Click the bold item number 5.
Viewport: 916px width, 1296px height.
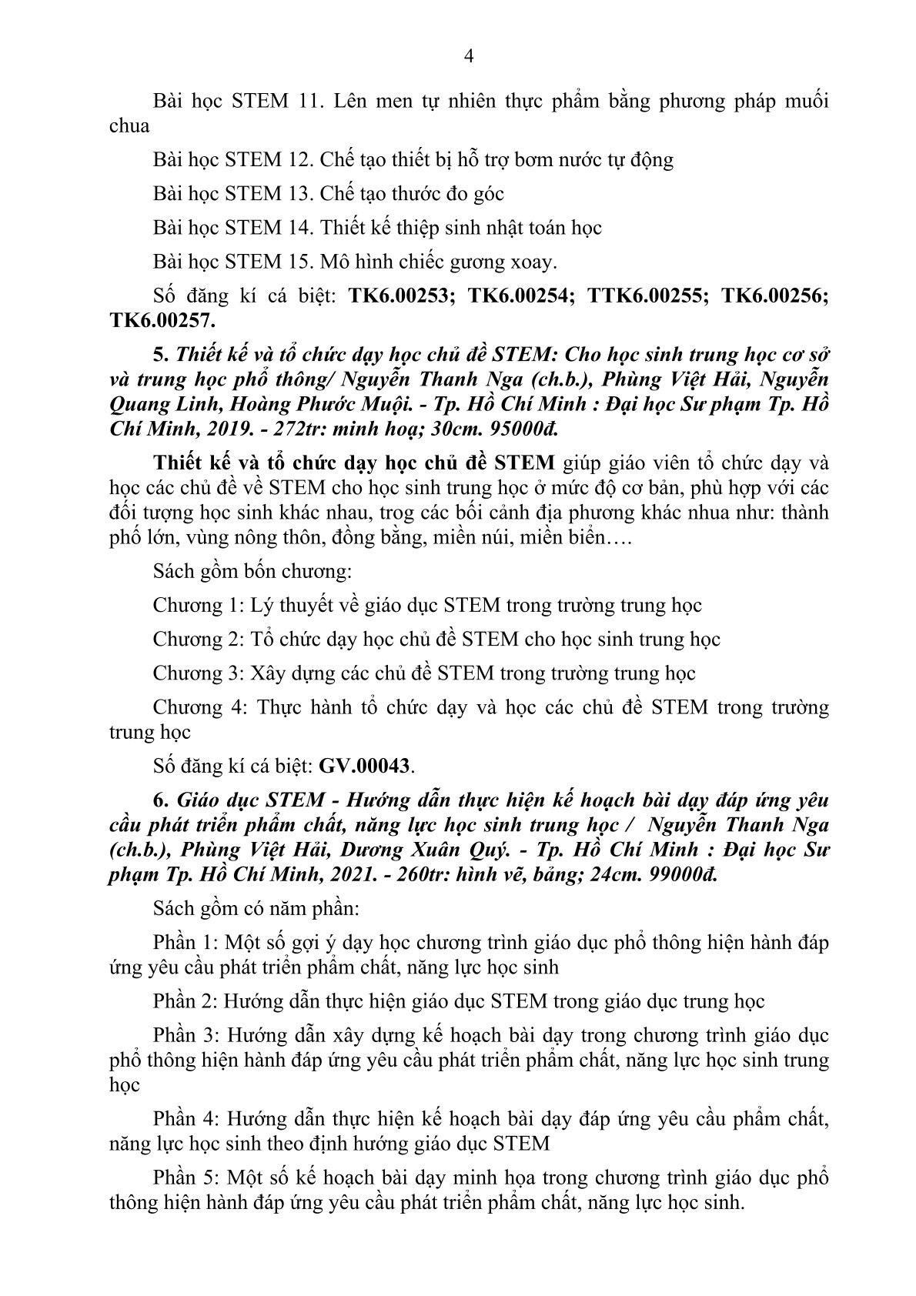[x=159, y=356]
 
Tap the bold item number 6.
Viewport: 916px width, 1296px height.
[x=159, y=800]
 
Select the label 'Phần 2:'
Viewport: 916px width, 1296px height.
[x=187, y=1000]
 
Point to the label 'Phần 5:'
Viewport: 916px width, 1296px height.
[x=187, y=1178]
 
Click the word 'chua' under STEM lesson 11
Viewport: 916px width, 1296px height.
[x=129, y=125]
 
